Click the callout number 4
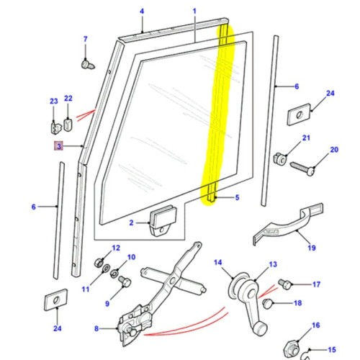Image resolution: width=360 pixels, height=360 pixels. point(142,12)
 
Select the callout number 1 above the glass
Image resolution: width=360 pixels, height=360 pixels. point(194,12)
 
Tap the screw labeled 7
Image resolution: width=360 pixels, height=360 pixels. point(87,64)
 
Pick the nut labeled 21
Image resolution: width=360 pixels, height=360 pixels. point(281,157)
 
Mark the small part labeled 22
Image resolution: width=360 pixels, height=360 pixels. point(68,125)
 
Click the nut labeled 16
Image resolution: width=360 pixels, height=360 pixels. point(295,347)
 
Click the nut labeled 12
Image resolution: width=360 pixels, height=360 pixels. point(99,260)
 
